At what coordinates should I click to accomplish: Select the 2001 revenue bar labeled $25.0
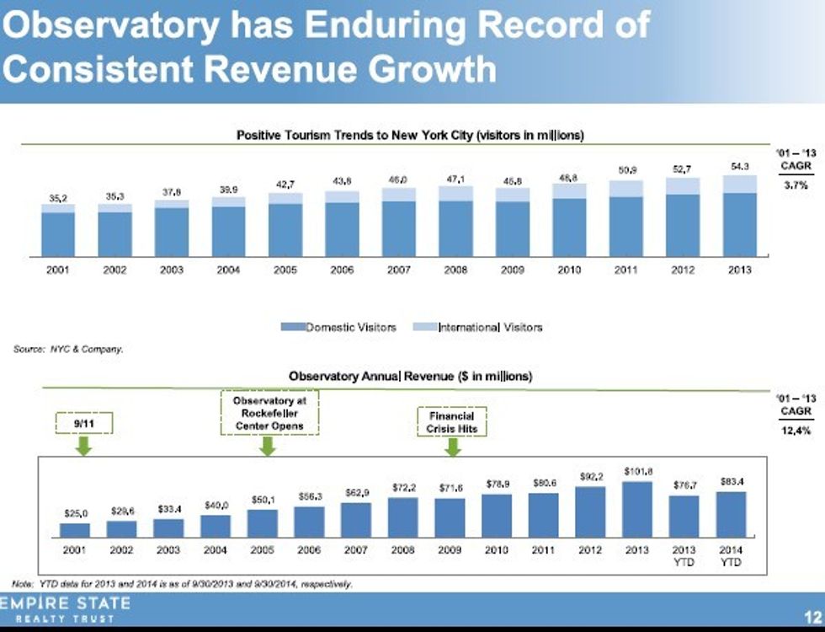coord(75,529)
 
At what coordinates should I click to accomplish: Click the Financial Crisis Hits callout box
coord(452,422)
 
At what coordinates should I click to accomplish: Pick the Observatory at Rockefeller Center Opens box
coord(269,413)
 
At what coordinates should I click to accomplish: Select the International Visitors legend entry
coord(480,327)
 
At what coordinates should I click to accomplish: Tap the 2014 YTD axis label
coord(730,555)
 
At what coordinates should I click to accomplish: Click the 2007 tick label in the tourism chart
coord(398,270)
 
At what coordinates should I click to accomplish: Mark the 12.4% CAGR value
coord(796,431)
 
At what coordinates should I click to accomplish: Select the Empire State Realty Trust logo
coord(66,610)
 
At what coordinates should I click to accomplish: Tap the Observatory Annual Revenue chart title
coord(410,377)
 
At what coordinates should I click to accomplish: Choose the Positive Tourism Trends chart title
coord(410,135)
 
